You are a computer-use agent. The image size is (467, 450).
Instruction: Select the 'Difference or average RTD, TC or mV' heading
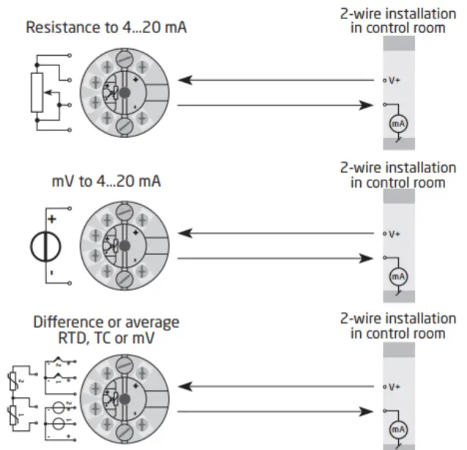point(105,330)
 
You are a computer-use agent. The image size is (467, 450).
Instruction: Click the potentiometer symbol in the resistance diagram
point(37,93)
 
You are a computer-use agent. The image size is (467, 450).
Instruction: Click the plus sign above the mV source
point(52,219)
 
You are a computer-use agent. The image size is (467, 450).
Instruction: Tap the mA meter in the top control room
point(397,124)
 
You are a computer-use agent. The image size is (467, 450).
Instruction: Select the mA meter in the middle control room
point(397,276)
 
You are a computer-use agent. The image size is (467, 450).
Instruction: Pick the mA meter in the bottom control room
point(397,429)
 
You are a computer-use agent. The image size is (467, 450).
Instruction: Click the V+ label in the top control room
point(395,80)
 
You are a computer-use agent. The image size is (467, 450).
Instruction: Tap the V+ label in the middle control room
point(395,234)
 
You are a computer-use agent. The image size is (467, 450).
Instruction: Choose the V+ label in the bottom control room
point(395,386)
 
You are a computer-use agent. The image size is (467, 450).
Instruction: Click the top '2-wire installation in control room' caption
point(397,21)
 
